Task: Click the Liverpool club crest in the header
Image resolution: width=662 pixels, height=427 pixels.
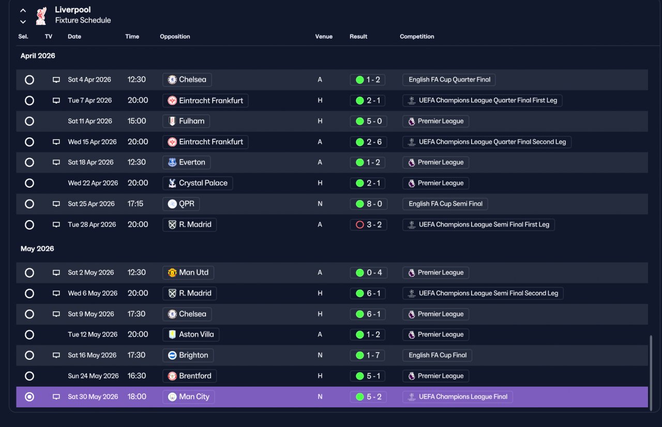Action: (x=41, y=16)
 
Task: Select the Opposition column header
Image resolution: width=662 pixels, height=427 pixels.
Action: (x=175, y=37)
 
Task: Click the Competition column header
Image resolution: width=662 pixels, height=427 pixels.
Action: (x=417, y=37)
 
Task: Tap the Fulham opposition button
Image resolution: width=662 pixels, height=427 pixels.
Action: (x=186, y=121)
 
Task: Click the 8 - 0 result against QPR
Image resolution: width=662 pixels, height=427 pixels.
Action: (x=369, y=204)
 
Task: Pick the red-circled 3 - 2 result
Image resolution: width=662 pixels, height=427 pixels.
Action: (x=369, y=225)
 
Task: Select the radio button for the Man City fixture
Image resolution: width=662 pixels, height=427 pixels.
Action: (x=29, y=396)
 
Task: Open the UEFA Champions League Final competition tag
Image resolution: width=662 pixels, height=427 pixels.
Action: (x=458, y=396)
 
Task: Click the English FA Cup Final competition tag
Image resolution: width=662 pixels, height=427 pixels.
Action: (x=437, y=355)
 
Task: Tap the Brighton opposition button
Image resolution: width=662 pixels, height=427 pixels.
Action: (x=188, y=355)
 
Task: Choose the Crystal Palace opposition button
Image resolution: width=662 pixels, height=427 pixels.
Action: (x=198, y=183)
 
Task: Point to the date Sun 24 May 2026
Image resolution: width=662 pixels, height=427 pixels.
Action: (x=93, y=376)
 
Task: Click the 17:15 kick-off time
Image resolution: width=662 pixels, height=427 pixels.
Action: (x=136, y=204)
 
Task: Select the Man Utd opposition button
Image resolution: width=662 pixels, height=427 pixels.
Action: (x=188, y=272)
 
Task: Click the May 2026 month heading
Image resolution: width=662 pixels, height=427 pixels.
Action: (x=37, y=249)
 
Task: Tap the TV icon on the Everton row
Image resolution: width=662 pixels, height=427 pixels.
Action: (x=56, y=162)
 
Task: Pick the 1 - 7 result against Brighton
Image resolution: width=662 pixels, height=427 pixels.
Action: (x=367, y=355)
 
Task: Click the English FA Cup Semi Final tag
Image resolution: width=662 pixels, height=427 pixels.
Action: (x=445, y=204)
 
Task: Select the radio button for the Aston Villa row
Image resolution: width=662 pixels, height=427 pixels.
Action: (x=29, y=334)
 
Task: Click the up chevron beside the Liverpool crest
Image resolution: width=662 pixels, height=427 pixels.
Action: (x=23, y=11)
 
